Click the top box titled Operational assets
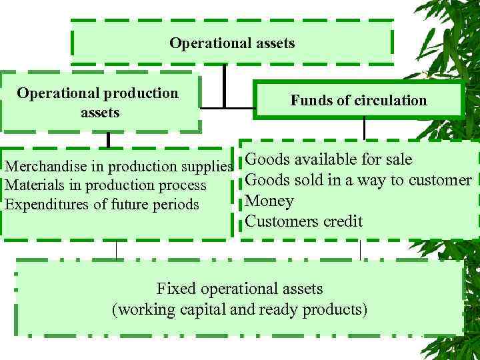(231, 43)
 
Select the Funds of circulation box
(358, 101)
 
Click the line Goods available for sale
(329, 160)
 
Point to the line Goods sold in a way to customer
(359, 180)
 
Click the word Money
(269, 201)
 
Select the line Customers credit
(303, 221)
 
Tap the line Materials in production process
(105, 185)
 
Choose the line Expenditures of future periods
(102, 204)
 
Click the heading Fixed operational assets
(239, 289)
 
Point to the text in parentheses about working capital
(239, 310)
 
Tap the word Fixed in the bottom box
(176, 289)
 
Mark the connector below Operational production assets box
(108, 139)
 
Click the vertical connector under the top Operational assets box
(225, 83)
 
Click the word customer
(441, 180)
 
